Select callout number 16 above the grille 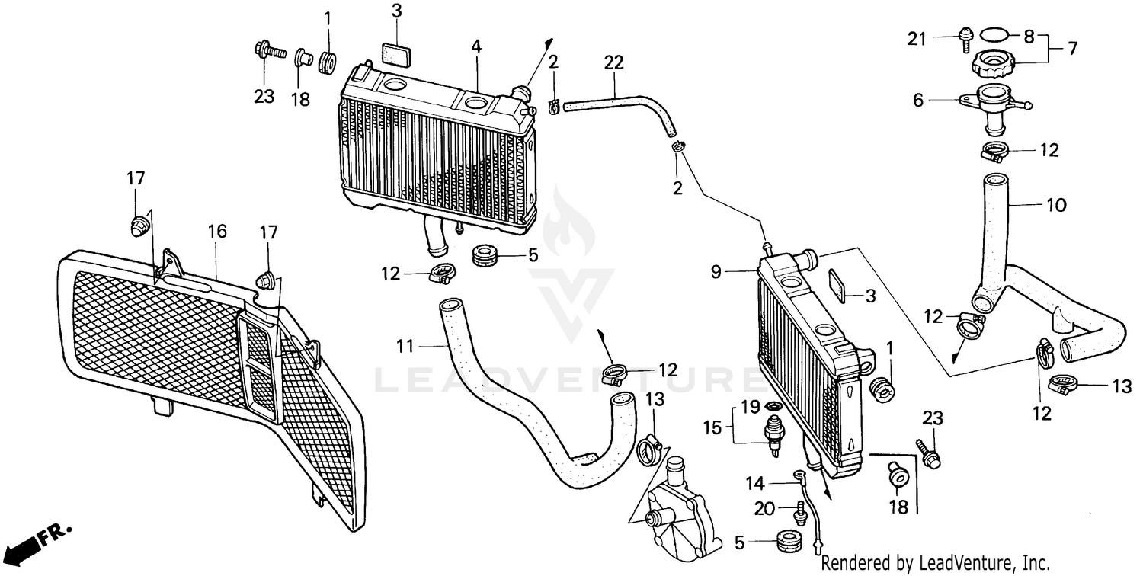pyautogui.click(x=217, y=232)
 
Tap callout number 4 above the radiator pyautogui.click(x=476, y=47)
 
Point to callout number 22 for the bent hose pyautogui.click(x=613, y=62)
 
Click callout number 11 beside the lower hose pyautogui.click(x=405, y=347)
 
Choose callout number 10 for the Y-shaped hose pyautogui.click(x=1056, y=205)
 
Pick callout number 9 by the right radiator pyautogui.click(x=716, y=273)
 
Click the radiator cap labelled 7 pyautogui.click(x=992, y=63)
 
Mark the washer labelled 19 pyautogui.click(x=774, y=407)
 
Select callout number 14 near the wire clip pyautogui.click(x=755, y=483)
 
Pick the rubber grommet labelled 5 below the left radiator pyautogui.click(x=485, y=255)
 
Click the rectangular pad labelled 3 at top pyautogui.click(x=397, y=53)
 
